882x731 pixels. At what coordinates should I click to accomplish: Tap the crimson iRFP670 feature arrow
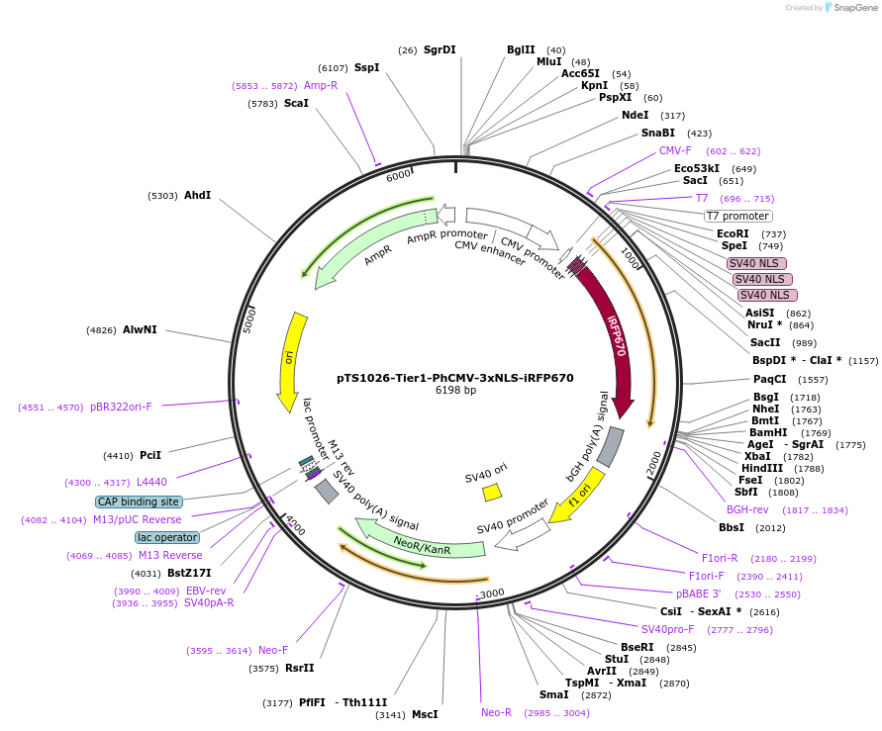click(x=612, y=336)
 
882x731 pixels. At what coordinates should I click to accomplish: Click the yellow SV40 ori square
click(x=491, y=492)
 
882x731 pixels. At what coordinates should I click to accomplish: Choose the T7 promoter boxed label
click(x=737, y=216)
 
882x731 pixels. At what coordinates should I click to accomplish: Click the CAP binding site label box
click(x=139, y=502)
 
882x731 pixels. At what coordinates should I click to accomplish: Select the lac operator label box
click(x=167, y=537)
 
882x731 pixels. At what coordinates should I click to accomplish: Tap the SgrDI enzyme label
click(x=440, y=49)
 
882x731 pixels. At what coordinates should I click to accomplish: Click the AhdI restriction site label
click(x=197, y=195)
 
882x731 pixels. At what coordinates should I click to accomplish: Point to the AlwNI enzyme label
click(x=140, y=329)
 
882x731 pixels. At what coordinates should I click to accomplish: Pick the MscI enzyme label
click(x=424, y=713)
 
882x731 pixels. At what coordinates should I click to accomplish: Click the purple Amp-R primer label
click(x=321, y=85)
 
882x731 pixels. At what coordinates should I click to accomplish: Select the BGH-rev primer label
click(x=747, y=509)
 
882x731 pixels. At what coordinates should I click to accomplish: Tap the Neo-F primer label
click(x=273, y=650)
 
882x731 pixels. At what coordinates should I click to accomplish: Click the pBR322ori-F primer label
click(x=121, y=407)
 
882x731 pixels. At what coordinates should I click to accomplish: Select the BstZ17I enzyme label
click(x=189, y=573)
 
